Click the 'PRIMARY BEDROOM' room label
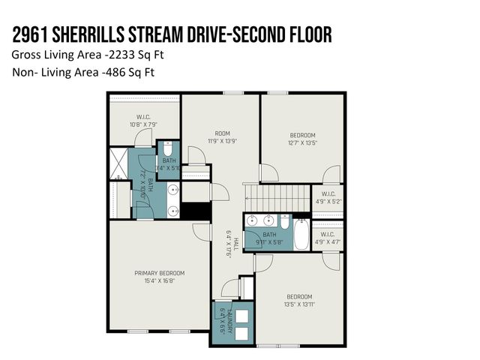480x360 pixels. coord(159,273)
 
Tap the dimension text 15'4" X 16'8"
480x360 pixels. coord(159,281)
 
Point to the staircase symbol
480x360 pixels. coord(274,198)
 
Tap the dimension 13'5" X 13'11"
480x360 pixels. coord(298,305)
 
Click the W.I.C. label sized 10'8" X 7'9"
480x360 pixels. coord(143,116)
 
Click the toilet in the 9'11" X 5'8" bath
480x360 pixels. coord(285,221)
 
